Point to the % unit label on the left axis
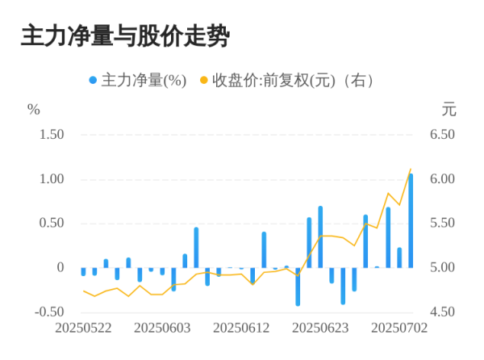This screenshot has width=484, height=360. (x=33, y=110)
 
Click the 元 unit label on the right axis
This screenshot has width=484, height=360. (x=449, y=110)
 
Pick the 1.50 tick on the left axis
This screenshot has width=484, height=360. (x=51, y=134)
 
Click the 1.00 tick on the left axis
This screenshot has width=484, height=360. (x=51, y=178)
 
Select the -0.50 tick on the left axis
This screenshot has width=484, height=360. (x=49, y=312)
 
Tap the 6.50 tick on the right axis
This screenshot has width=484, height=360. (x=442, y=134)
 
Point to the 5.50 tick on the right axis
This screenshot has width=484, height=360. (x=442, y=223)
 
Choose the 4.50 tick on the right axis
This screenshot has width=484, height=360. (x=442, y=312)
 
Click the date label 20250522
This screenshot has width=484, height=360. (x=82, y=329)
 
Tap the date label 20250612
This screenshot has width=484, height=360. (x=240, y=329)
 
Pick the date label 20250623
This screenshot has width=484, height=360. (x=319, y=329)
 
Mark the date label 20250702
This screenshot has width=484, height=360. (x=398, y=329)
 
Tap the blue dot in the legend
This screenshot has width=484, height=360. (x=93, y=81)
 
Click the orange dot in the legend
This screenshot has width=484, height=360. (x=204, y=81)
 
